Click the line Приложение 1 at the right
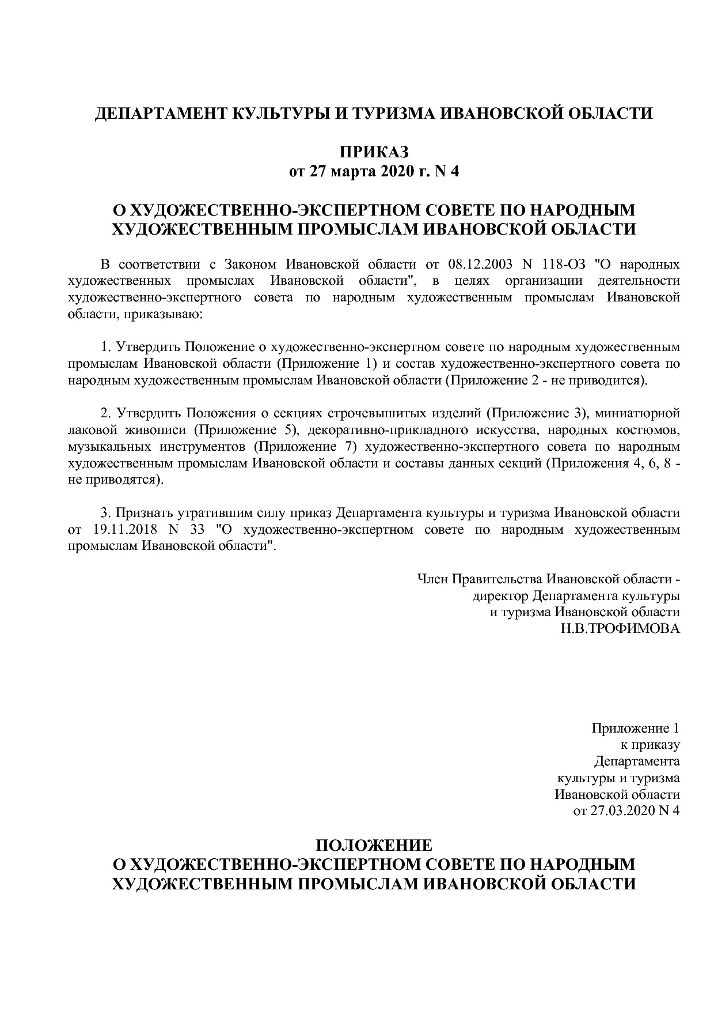[x=636, y=728]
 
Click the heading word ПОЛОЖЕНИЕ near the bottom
[x=374, y=846]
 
